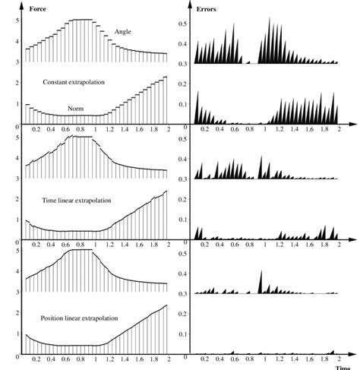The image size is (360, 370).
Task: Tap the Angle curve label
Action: [123, 31]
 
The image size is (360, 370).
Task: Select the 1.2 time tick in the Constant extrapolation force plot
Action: [110, 129]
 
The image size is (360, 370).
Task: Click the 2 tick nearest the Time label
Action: [339, 359]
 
